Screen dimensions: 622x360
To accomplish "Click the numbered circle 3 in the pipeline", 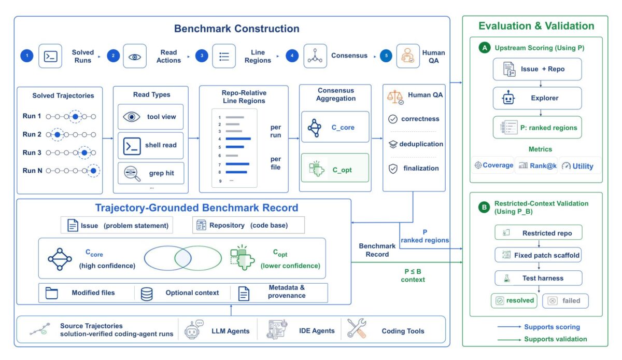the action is tap(202, 56).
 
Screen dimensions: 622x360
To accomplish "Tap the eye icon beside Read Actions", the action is tap(135, 57).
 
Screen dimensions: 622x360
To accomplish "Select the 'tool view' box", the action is tap(150, 117).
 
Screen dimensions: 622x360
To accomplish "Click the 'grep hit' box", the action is tap(151, 173).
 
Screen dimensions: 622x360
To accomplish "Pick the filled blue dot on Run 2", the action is tap(58, 135).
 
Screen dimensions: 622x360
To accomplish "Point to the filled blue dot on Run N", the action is tap(94, 171).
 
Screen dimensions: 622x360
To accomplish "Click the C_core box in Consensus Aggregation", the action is tap(335, 127).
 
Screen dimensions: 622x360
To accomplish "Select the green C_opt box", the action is tap(335, 168).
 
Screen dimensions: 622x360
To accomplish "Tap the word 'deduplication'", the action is tap(421, 144).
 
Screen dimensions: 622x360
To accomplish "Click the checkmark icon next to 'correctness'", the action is tap(393, 119).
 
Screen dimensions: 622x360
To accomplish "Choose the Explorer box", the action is tap(538, 98).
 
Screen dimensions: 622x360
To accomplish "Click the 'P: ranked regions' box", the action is tap(538, 127).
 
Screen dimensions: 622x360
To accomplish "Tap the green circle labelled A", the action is tap(485, 48).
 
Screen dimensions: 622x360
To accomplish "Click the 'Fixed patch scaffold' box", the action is tap(538, 255).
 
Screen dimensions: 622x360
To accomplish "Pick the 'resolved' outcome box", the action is tap(514, 300).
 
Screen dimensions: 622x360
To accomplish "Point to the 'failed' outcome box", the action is tap(566, 301).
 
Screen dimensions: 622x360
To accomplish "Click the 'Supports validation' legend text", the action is tap(555, 339).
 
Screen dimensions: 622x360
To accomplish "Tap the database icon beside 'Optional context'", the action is tap(147, 294).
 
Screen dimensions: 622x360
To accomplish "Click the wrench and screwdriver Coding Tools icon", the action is tap(357, 328).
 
